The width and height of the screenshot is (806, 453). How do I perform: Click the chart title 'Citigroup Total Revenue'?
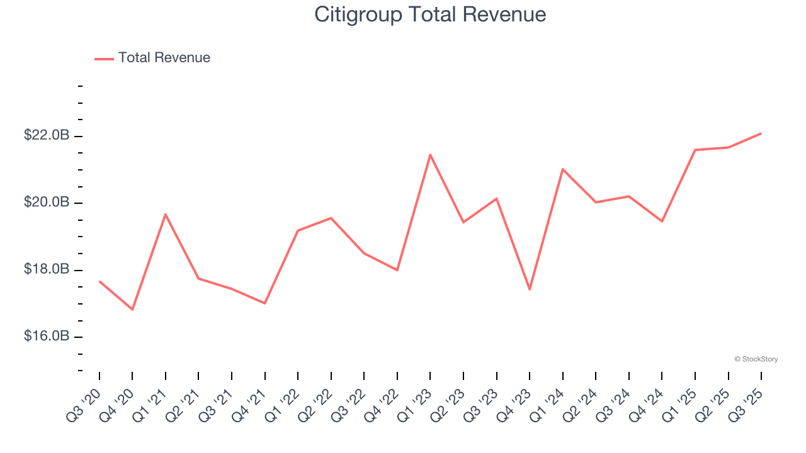point(430,14)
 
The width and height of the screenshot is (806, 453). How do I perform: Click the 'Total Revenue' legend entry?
point(164,58)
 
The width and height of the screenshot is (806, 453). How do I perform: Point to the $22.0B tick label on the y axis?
point(47,135)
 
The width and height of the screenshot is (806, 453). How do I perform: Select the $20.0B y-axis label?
point(47,203)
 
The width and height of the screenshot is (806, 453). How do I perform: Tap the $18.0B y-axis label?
point(47,269)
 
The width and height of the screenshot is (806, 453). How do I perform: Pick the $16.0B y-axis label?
point(47,337)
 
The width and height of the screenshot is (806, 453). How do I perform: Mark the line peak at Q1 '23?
point(430,155)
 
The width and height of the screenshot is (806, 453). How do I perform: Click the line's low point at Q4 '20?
point(132,310)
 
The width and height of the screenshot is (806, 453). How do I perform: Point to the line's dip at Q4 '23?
point(530,289)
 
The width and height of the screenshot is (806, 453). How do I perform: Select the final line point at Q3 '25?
point(761,133)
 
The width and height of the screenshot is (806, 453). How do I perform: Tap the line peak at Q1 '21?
point(166,215)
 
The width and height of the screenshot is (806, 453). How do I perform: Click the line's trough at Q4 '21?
point(264,303)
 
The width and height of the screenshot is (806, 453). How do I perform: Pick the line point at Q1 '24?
point(562,169)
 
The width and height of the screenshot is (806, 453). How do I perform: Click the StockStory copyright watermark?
point(756,359)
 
